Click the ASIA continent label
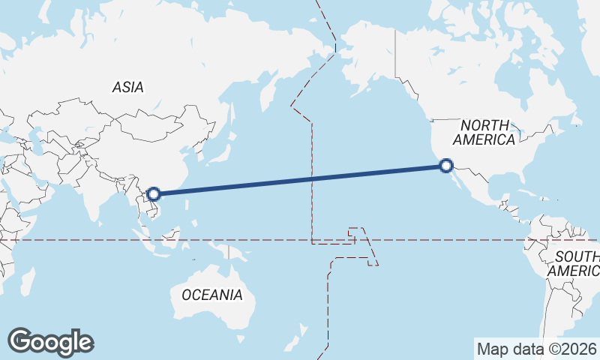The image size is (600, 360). (127, 87)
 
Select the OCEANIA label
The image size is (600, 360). (212, 295)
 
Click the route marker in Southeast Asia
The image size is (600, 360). (154, 194)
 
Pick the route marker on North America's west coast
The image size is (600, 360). (446, 166)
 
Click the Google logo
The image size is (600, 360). (50, 341)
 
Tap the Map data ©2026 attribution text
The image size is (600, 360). (536, 349)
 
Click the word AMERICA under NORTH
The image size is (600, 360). (484, 139)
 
